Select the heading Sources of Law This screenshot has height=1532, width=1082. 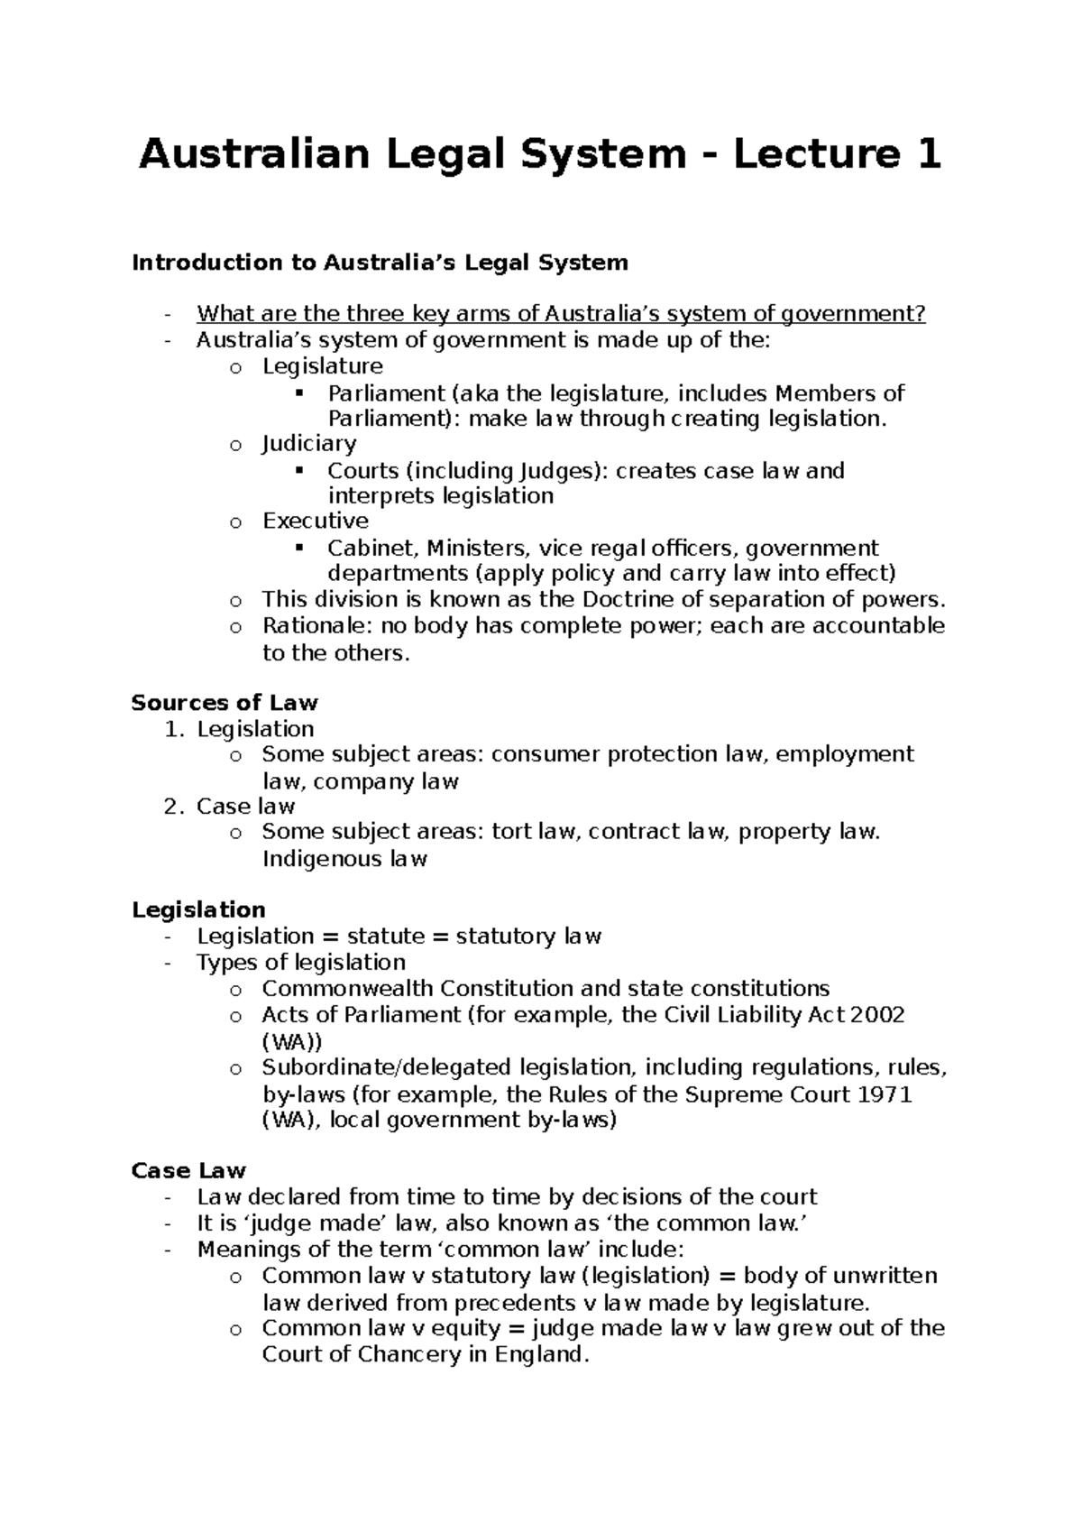tap(225, 702)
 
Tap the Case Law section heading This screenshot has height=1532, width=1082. tap(188, 1170)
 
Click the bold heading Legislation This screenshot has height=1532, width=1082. tap(198, 909)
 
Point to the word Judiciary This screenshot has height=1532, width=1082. tap(309, 443)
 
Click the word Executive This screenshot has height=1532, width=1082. tap(316, 521)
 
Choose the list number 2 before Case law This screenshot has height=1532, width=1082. tap(172, 806)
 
